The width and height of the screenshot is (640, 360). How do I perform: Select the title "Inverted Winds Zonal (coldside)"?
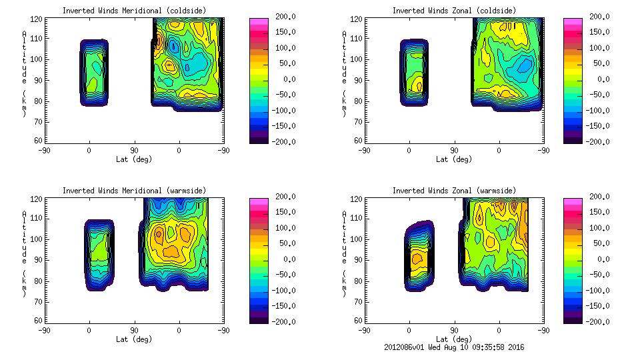(x=453, y=11)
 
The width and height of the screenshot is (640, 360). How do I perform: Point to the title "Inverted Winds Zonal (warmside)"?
(x=453, y=191)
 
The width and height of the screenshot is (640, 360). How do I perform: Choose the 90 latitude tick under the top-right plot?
(x=453, y=151)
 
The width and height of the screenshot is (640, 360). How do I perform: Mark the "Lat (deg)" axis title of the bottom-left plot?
(x=134, y=339)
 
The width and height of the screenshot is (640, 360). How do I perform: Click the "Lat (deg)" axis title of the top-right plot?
(x=453, y=159)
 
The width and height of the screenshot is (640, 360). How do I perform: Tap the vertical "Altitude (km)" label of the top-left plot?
(x=25, y=73)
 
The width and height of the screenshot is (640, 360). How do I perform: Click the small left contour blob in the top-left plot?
(x=94, y=72)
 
